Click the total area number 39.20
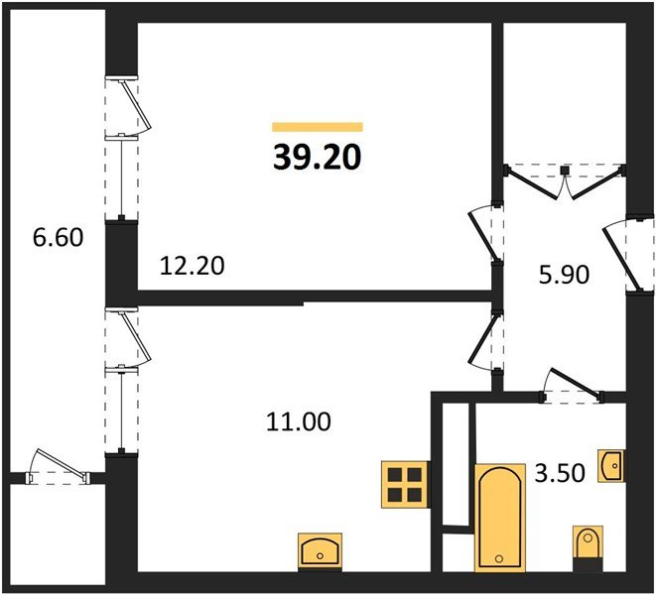318,158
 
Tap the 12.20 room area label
192,266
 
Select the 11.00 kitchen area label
299,421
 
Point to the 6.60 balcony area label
58,237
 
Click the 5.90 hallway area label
564,275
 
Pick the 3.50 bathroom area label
560,473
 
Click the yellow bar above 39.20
318,127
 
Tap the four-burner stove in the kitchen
405,484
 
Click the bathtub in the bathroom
500,518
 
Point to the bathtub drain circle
498,558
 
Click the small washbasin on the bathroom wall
611,466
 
